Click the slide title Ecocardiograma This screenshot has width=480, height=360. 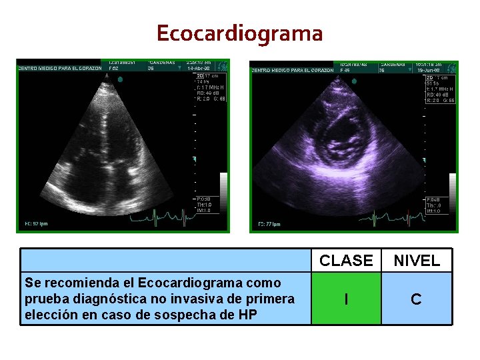click(x=240, y=33)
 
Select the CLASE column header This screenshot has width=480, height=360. click(x=346, y=261)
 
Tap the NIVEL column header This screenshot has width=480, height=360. click(x=417, y=261)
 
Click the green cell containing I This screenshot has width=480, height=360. click(x=346, y=299)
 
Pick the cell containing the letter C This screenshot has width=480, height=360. click(x=417, y=299)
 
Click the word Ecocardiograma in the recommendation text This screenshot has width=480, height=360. click(x=174, y=283)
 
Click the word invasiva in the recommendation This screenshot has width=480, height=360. click(x=185, y=299)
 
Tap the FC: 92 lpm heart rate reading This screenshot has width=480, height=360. click(x=36, y=223)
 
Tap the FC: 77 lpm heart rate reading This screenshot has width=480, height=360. click(x=269, y=224)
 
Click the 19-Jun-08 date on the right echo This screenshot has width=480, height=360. click(x=428, y=69)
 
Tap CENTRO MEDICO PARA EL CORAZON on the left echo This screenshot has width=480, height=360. click(x=59, y=69)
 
